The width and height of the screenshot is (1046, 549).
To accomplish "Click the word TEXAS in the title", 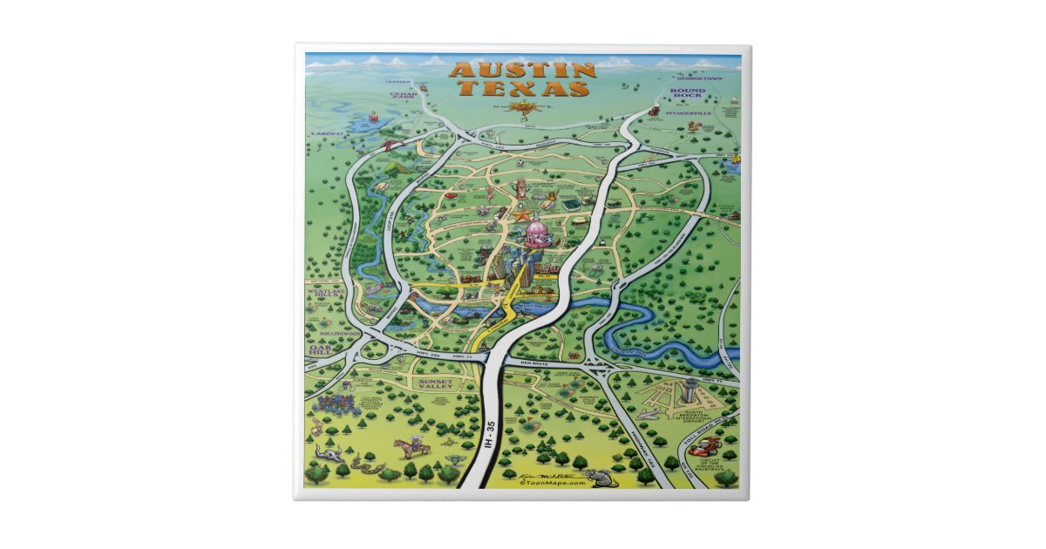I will pyautogui.click(x=523, y=89).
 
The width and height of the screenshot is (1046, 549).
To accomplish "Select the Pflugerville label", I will pyautogui.click(x=689, y=113).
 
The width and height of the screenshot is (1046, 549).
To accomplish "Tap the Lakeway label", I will pyautogui.click(x=328, y=133).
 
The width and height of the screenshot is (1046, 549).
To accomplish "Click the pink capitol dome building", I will pyautogui.click(x=535, y=234).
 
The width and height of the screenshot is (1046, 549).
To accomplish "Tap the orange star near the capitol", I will pyautogui.click(x=521, y=213).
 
